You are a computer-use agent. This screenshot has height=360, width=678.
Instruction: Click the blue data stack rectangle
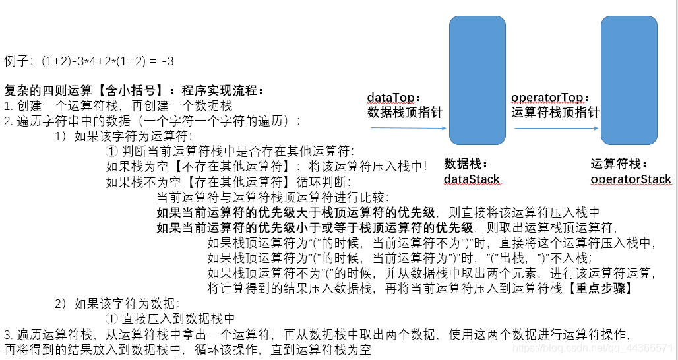pos(477,80)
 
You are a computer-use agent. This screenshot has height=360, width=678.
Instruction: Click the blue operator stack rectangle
pos(629,80)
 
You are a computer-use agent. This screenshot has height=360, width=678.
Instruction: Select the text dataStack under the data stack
pos(472,179)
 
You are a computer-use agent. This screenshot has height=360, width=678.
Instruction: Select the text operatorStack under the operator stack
pos(631,179)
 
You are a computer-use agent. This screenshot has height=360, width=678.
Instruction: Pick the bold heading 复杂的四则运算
pos(44,90)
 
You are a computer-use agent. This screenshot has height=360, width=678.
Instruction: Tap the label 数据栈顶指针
pos(404,112)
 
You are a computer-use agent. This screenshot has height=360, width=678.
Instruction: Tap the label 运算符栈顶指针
pos(555,112)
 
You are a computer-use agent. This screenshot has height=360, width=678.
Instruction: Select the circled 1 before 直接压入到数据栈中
pos(111,318)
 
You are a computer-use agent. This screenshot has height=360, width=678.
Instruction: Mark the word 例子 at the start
pos(18,61)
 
